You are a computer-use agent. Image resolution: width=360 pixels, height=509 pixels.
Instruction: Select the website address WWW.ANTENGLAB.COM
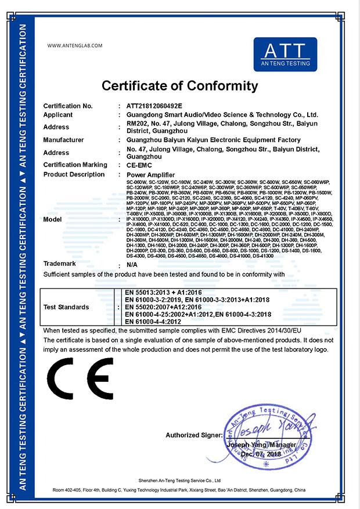click(x=74, y=45)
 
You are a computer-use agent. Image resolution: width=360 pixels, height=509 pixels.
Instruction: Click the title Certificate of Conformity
click(x=179, y=86)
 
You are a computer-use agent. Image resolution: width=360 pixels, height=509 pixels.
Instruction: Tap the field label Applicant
click(x=59, y=115)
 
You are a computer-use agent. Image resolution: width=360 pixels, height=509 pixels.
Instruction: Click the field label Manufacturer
click(x=64, y=140)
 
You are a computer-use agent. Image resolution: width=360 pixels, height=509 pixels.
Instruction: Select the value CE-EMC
click(x=140, y=165)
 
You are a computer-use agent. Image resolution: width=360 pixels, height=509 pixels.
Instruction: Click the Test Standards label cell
click(x=66, y=306)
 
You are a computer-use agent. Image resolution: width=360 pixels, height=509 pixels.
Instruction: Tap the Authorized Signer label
click(x=194, y=435)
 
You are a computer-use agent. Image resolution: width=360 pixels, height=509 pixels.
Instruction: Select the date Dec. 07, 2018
click(x=260, y=454)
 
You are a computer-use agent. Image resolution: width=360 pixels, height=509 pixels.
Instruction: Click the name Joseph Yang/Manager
click(x=262, y=445)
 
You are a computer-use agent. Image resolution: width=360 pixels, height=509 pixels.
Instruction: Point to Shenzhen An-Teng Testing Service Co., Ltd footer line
click(x=181, y=481)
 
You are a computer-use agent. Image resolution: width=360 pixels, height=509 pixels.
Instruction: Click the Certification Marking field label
click(x=75, y=165)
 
